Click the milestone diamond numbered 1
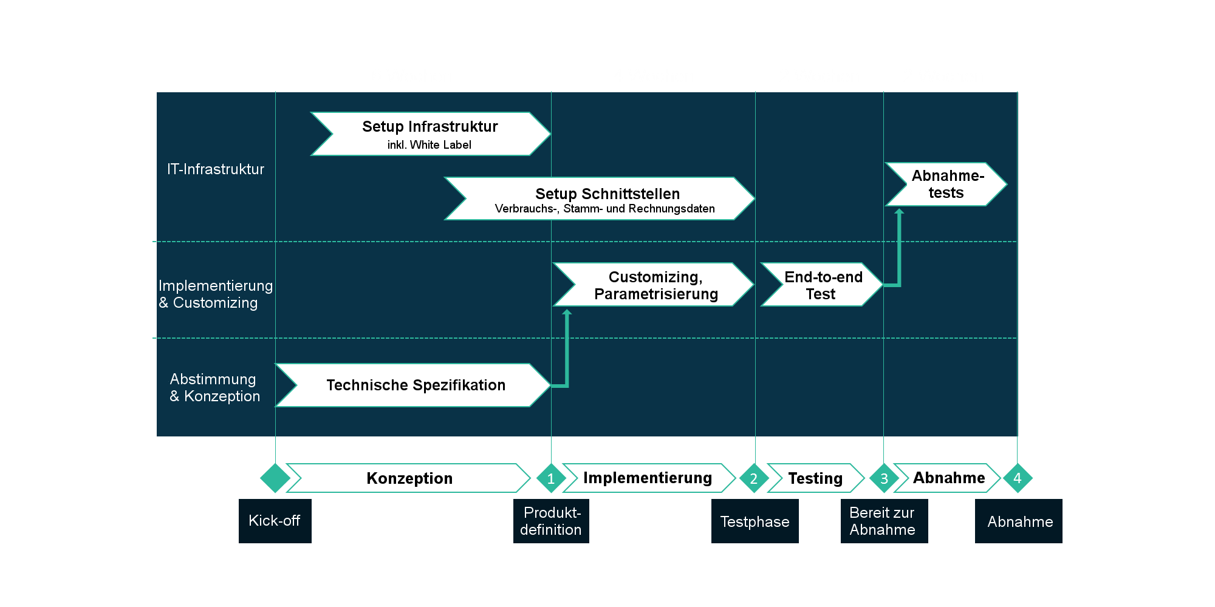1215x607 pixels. pos(551,478)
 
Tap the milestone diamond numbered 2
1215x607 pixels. pos(754,478)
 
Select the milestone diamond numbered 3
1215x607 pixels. pos(884,478)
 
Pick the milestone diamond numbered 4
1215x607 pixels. pos(1018,478)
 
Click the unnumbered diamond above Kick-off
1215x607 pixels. pos(275,478)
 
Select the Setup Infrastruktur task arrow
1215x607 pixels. pos(430,134)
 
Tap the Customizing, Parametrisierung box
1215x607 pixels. pos(654,285)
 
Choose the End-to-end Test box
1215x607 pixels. pos(821,285)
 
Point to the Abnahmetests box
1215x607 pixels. pos(946,184)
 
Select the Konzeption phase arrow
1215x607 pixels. pos(408,478)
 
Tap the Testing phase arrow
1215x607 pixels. pos(815,478)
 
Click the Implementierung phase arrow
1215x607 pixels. pos(648,478)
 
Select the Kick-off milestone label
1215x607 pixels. pos(275,521)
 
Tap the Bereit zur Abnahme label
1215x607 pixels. pos(883,521)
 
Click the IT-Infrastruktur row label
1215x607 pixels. pos(216,169)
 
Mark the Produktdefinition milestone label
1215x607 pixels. pos(551,521)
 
